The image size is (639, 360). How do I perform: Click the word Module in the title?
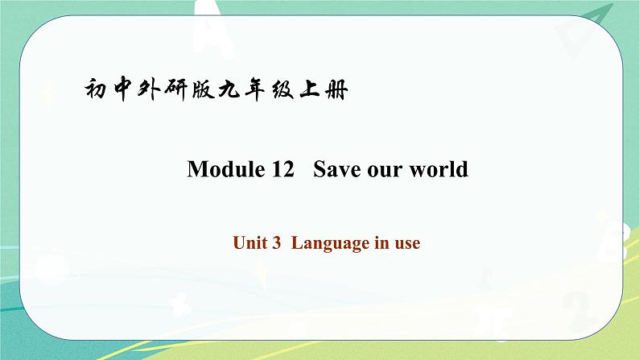[217, 170]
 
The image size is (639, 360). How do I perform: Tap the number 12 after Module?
[270, 170]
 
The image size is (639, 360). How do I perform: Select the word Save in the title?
[336, 170]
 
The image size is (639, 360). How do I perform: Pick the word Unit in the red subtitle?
[251, 242]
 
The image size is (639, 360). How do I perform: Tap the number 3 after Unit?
[276, 242]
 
